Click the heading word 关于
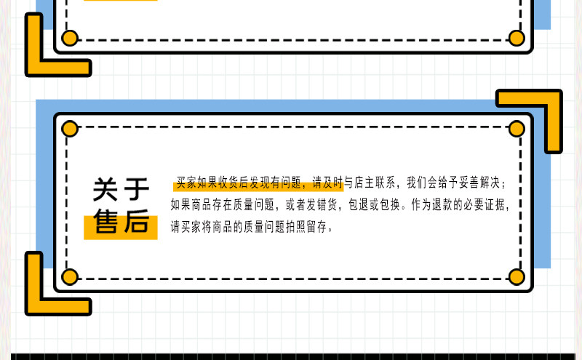coord(121,191)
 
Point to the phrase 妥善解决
coord(484,182)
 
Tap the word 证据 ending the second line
coord(501,204)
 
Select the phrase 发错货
coord(322,204)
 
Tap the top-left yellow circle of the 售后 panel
coord(70,129)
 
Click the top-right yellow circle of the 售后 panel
coord(517,129)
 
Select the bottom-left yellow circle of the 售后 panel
coord(70,276)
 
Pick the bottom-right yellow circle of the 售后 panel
coord(517,276)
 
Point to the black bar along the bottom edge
coord(291,356)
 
